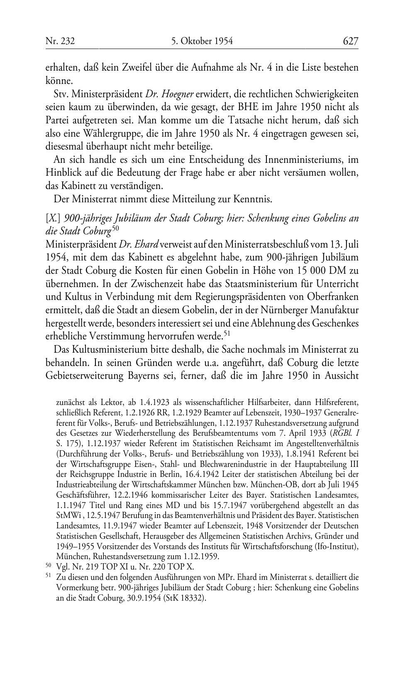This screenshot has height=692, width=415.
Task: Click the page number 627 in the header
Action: [350, 41]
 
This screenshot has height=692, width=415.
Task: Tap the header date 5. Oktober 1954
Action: [202, 41]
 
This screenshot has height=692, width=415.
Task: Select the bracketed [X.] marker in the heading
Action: [52, 218]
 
